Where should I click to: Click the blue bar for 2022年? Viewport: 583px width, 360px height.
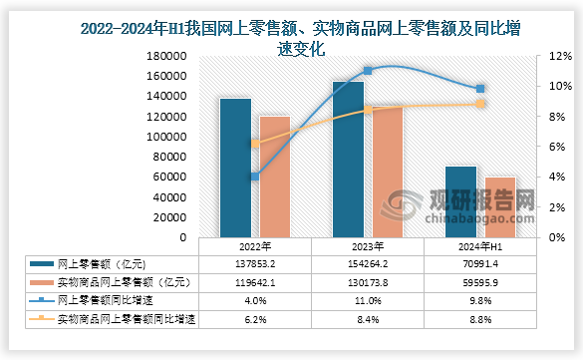coord(235,168)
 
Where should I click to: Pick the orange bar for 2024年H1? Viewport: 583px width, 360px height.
coord(500,207)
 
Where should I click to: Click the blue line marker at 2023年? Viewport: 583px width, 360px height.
coord(368,71)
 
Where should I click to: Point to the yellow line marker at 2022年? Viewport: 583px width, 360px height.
coord(255,143)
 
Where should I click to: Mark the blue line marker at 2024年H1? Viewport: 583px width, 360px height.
coord(480,89)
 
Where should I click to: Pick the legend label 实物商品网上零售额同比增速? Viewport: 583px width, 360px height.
coord(126,319)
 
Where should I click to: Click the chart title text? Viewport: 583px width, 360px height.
coord(291,28)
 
